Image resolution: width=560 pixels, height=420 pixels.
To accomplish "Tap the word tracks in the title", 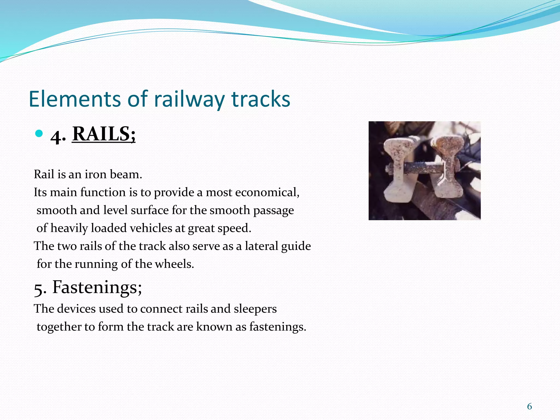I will (261, 99).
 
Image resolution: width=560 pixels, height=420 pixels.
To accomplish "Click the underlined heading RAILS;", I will (104, 134).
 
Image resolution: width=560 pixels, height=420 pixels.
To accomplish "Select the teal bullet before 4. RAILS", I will (39, 134).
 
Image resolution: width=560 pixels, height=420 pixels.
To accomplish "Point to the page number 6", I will (529, 406).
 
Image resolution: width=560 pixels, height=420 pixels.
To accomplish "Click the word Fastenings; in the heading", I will (97, 288).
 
